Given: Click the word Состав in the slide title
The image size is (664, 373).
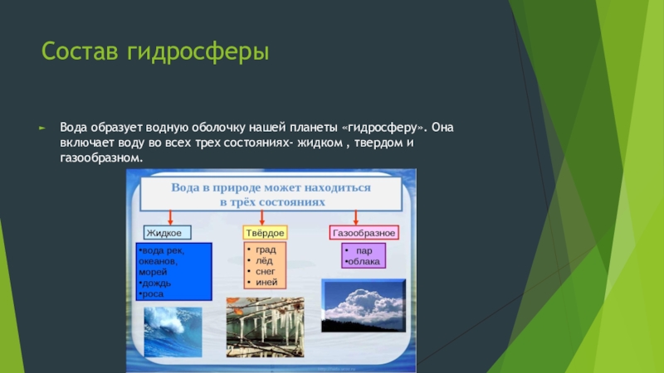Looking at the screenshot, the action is (x=80, y=51).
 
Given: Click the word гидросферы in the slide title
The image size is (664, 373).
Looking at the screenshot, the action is (x=198, y=52).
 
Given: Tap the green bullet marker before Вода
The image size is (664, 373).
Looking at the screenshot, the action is (x=42, y=128).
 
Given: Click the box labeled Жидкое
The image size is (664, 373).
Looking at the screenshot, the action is (x=168, y=233).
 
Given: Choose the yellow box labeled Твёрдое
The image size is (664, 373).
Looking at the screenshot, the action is (x=265, y=233).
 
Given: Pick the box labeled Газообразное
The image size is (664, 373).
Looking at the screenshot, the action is (x=364, y=233).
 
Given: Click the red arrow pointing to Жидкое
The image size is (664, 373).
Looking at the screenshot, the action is (x=170, y=217).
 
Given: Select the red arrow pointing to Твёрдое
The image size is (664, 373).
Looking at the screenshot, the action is (x=262, y=217).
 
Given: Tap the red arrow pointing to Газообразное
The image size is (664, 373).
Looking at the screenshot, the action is (x=356, y=217).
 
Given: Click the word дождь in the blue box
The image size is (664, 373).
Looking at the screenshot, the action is (x=157, y=283).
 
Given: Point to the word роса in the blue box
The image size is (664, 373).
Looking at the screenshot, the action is (x=153, y=294).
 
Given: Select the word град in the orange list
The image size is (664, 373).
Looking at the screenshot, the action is (x=266, y=250).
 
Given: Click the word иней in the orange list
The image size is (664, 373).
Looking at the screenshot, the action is (x=266, y=282).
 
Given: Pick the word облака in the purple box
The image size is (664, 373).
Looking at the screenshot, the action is (x=364, y=262).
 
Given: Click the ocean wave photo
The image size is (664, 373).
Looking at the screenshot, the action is (x=173, y=332).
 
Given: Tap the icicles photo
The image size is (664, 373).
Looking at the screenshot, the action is (x=265, y=327).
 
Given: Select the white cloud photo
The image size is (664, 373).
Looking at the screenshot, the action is (x=364, y=305).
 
